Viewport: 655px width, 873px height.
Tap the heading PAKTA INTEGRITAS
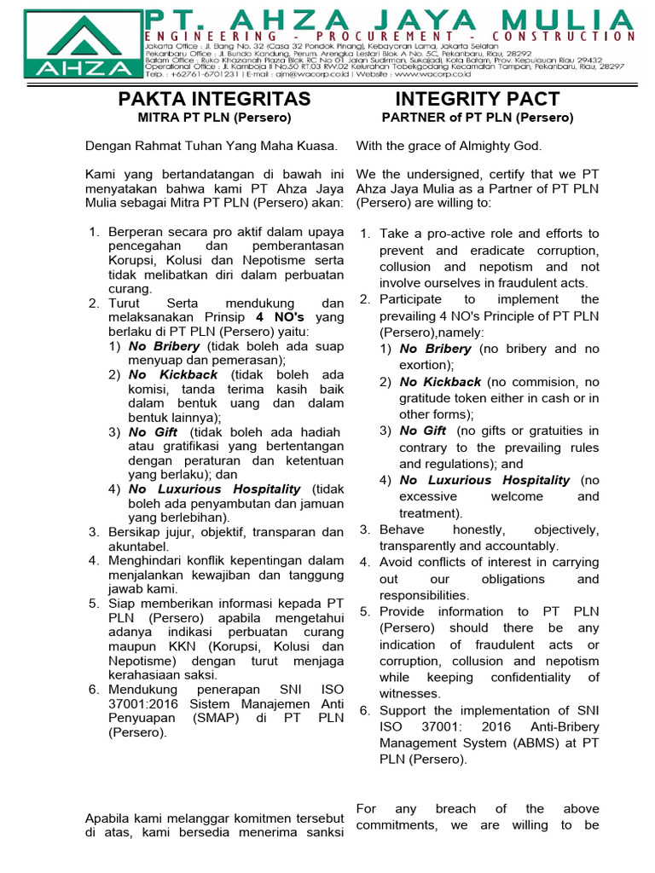[x=214, y=100]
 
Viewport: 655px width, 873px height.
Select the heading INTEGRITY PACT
[x=477, y=99]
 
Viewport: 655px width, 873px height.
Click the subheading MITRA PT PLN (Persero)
[x=214, y=118]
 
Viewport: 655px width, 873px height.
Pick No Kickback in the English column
[x=440, y=382]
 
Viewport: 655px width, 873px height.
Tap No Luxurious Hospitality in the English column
[x=484, y=480]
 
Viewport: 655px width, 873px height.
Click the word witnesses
[x=409, y=693]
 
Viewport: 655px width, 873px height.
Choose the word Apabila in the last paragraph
[x=107, y=818]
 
